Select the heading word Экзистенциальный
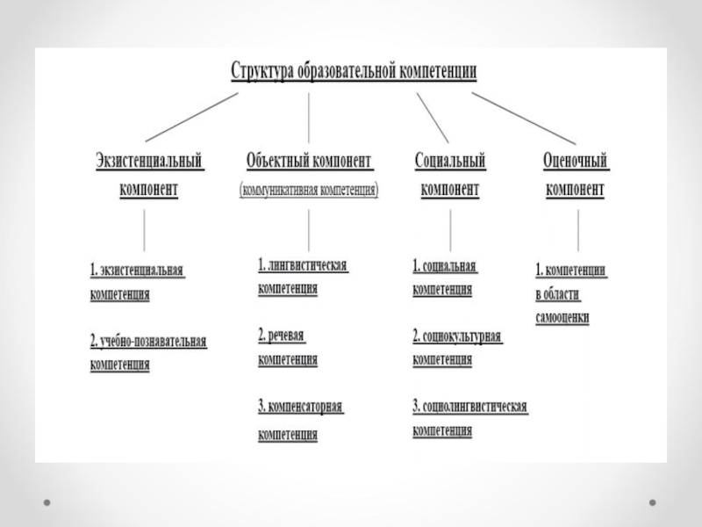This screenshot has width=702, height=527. [149, 162]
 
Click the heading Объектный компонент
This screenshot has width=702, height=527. [310, 162]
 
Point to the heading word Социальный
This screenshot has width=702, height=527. [450, 162]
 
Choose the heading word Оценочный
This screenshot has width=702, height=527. [576, 162]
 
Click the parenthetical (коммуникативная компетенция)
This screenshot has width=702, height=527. [310, 190]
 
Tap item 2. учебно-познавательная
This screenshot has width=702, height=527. [148, 340]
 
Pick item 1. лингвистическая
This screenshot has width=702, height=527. [303, 264]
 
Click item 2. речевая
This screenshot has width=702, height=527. [287, 335]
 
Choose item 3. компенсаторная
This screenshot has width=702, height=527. [300, 408]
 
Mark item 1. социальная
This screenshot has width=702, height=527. [444, 264]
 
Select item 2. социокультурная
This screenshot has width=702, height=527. [456, 336]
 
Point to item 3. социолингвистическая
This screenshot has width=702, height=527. [469, 407]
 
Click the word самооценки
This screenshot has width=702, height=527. [562, 317]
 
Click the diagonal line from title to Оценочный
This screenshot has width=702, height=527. [523, 117]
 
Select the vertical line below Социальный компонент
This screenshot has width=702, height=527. [450, 231]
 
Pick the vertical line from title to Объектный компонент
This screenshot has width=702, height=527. [309, 117]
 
